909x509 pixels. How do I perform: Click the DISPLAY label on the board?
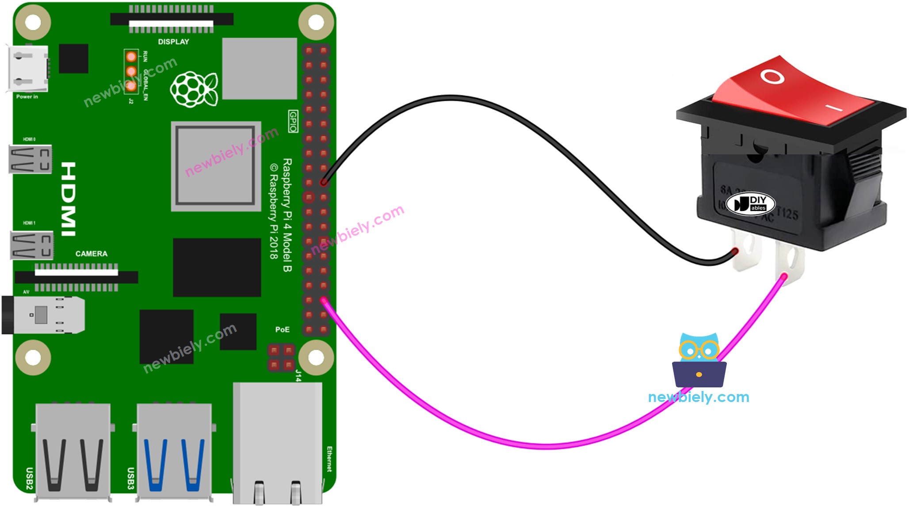(x=173, y=42)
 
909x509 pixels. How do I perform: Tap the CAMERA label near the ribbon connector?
(x=91, y=254)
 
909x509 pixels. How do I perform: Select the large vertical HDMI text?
(x=69, y=199)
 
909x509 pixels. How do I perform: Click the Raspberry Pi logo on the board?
(x=194, y=89)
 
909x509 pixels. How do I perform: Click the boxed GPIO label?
(x=293, y=121)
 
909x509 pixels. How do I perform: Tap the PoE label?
(x=282, y=329)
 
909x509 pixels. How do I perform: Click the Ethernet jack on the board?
(x=278, y=442)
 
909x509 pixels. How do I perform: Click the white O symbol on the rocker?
(x=772, y=77)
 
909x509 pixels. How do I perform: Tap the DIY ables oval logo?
(x=750, y=204)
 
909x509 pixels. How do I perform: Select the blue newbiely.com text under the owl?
(x=699, y=397)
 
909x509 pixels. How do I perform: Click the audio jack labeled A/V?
(x=44, y=315)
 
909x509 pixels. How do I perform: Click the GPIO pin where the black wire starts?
(x=324, y=182)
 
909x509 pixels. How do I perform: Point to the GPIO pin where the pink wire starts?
(x=324, y=301)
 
